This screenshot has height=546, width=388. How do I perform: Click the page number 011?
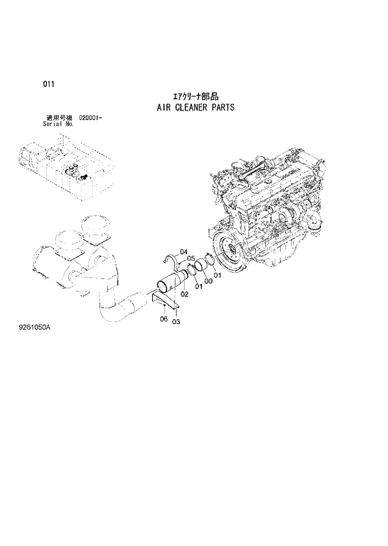[x=48, y=83]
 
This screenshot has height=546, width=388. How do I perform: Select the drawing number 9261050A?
[x=35, y=343]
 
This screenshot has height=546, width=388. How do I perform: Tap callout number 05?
[x=191, y=258]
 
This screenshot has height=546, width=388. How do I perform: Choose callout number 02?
[x=185, y=294]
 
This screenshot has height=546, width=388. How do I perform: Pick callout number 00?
[x=208, y=281]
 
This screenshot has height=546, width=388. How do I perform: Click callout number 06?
[x=163, y=320]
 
